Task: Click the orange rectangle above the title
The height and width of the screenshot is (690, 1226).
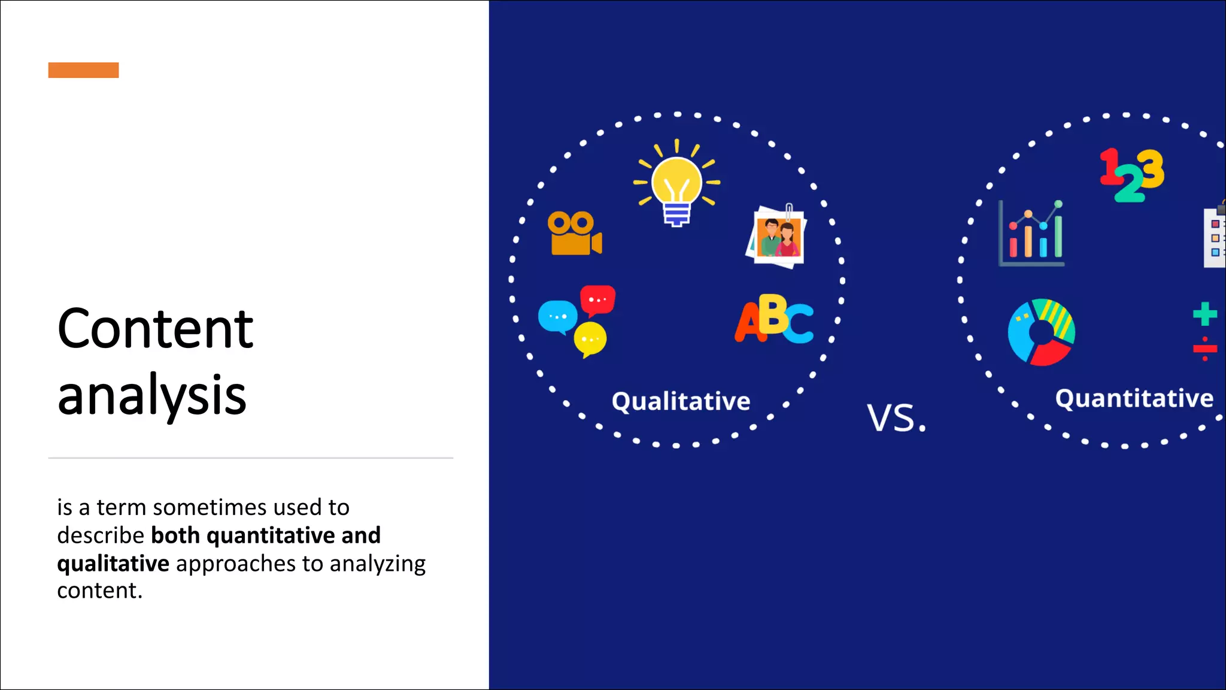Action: pos(83,70)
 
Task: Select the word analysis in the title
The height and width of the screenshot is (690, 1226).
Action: pos(151,395)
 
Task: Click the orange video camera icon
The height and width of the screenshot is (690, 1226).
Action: pos(574,234)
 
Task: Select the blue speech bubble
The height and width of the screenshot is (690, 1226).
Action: pos(557,317)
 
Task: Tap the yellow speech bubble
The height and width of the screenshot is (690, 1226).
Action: pos(590,340)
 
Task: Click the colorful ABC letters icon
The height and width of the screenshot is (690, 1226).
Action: pos(774,319)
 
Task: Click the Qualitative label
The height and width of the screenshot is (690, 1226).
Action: pos(681,401)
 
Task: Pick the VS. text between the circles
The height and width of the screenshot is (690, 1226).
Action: pos(896,418)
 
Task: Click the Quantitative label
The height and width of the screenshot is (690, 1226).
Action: pos(1134,399)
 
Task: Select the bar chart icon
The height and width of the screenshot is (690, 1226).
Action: pos(1031,235)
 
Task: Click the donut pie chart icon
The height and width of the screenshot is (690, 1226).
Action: pos(1041,332)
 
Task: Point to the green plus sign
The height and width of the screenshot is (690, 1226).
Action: pos(1204,314)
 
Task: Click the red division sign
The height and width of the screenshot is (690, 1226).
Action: pos(1204,349)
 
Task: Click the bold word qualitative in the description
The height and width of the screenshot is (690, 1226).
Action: pos(113,564)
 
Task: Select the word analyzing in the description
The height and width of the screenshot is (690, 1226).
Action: pos(377,564)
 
